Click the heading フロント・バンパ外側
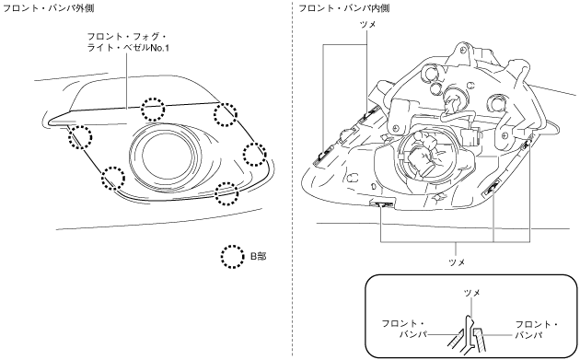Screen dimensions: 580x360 [48, 7]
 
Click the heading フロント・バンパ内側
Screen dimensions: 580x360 [344, 7]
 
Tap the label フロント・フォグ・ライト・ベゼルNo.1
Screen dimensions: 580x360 [128, 41]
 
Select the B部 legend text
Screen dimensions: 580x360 [258, 256]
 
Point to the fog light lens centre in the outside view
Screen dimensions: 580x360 [167, 157]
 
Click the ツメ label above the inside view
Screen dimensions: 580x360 [367, 25]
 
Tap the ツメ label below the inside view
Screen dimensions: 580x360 [457, 262]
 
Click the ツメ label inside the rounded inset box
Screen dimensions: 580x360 [472, 293]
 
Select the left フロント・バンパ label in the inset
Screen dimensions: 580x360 [405, 330]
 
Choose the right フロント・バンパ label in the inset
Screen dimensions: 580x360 [537, 330]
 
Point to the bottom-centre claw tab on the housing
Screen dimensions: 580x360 [382, 203]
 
